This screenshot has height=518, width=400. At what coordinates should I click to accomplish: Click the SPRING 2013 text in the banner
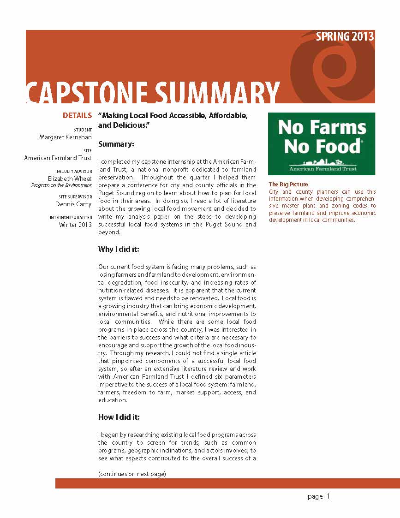[345, 37]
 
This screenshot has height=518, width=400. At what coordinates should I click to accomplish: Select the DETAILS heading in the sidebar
[77, 116]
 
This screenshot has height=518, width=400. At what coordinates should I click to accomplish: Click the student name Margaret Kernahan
[66, 137]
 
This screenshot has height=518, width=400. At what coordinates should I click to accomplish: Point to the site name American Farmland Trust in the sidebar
[58, 158]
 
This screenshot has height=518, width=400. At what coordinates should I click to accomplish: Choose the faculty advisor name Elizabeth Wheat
[70, 179]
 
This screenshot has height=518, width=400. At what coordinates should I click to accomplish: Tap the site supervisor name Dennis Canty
[73, 204]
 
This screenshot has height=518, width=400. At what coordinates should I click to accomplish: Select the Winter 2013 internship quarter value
[75, 225]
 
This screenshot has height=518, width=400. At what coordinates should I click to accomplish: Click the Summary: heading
[116, 144]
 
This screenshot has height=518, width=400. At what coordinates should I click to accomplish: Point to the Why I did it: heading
[119, 250]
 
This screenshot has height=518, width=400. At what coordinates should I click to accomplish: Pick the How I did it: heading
[119, 417]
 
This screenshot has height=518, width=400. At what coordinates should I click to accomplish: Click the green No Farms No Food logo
[322, 144]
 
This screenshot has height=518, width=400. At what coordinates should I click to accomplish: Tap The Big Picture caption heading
[288, 185]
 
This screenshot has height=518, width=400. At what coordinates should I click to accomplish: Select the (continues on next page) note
[132, 474]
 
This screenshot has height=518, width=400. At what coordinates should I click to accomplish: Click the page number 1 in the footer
[328, 496]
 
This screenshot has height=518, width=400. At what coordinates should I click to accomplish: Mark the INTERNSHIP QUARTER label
[71, 217]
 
